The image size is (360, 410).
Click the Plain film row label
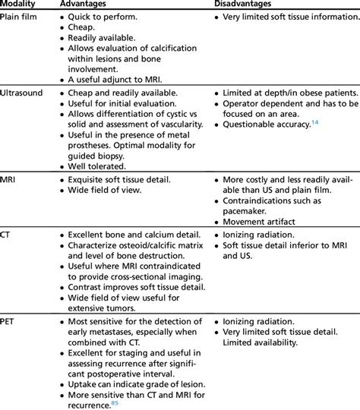click(x=21, y=16)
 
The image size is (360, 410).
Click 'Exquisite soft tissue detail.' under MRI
click(x=119, y=181)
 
